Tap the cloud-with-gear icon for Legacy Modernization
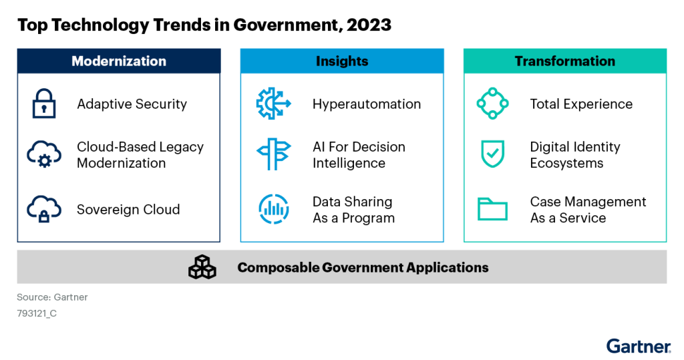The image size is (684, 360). (43, 154)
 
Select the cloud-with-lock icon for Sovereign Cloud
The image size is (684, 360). (43, 209)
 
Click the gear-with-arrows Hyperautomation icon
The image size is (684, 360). (273, 104)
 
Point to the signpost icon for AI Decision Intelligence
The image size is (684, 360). (273, 154)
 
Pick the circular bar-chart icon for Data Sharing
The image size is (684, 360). (273, 209)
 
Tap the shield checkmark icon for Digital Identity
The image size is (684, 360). (492, 154)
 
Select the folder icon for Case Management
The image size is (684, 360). (492, 210)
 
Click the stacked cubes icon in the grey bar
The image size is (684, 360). (202, 267)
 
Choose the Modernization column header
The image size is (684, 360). (119, 61)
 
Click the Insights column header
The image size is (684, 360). (342, 61)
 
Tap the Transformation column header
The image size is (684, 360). (565, 61)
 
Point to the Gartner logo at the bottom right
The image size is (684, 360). (639, 347)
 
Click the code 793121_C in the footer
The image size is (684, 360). (37, 313)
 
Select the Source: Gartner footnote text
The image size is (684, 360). (52, 297)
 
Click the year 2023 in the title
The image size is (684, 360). (369, 25)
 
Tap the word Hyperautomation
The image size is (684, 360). (367, 104)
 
